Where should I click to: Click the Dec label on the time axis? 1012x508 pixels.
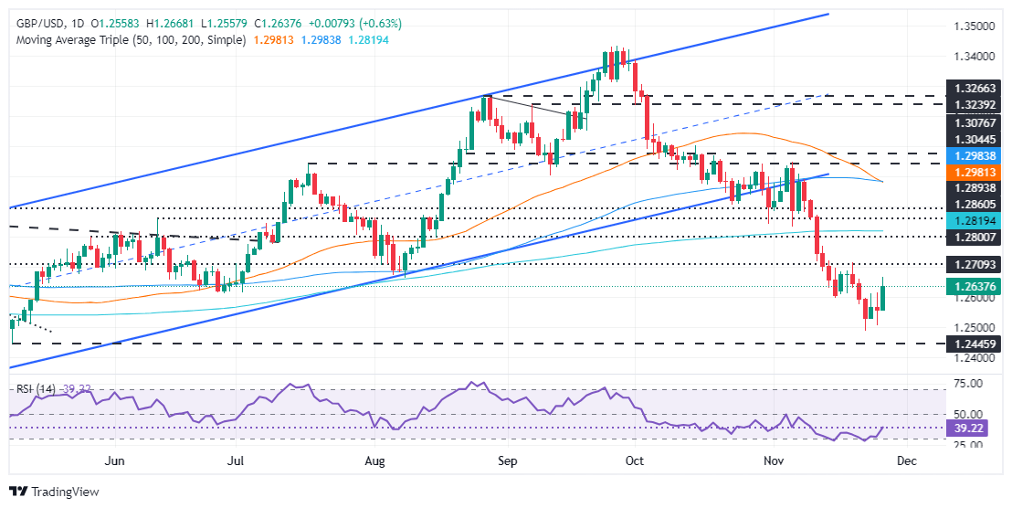(x=907, y=461)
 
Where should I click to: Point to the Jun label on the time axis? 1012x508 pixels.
(x=114, y=461)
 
